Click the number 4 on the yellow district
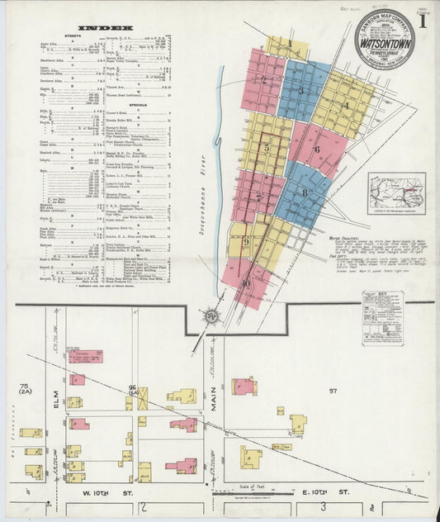[346, 105]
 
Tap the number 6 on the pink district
[317, 149]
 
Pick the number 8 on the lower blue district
[305, 193]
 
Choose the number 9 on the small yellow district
[246, 241]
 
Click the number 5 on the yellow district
[266, 148]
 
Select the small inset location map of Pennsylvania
[396, 192]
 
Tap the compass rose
[211, 315]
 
